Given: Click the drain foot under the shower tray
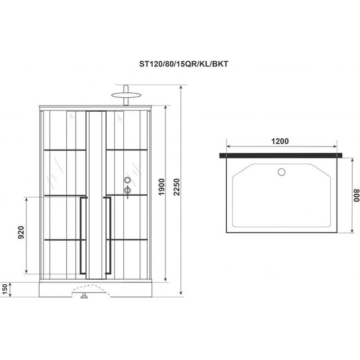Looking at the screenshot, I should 84,294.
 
